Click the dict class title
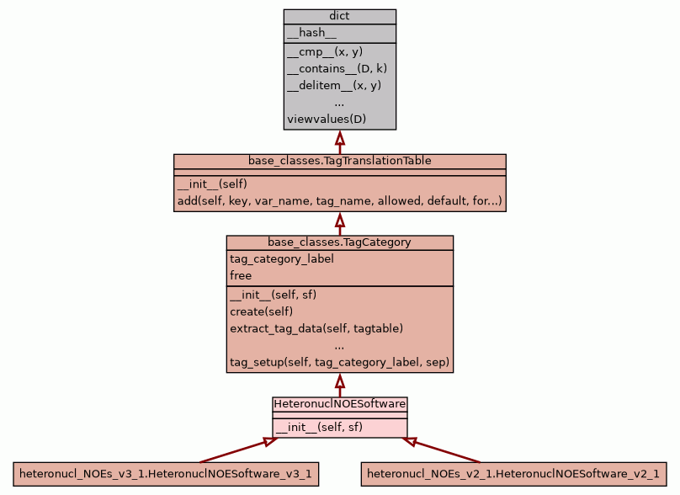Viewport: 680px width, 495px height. [x=339, y=16]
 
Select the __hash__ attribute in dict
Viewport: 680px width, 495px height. [x=311, y=33]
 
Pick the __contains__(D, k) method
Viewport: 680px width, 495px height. [x=337, y=68]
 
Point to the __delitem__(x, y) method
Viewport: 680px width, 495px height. [x=334, y=85]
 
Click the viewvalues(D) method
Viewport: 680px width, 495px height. [x=327, y=119]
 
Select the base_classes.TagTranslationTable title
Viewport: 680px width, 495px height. [x=339, y=160]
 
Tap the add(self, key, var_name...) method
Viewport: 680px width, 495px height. [x=339, y=201]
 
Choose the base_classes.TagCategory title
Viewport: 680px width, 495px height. [x=339, y=242]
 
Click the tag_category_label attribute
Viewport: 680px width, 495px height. [x=281, y=258]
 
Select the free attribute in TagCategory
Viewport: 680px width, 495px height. [x=241, y=275]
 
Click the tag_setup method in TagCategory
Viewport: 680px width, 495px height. [x=339, y=364]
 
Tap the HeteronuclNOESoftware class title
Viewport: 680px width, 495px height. [x=339, y=404]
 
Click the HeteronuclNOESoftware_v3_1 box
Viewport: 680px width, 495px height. [x=165, y=474]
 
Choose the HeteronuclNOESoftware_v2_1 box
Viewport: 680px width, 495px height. [x=513, y=474]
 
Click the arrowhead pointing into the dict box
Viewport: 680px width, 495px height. [x=340, y=137]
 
